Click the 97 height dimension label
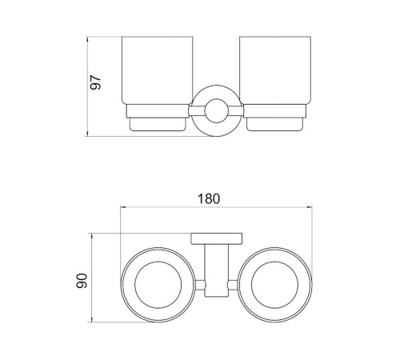[95, 82]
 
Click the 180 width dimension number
[209, 199]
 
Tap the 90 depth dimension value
[82, 281]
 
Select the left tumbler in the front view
[157, 70]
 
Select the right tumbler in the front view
[275, 70]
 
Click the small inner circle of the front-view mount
[216, 111]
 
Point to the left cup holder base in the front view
[158, 124]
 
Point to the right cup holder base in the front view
[275, 124]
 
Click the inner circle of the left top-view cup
[158, 285]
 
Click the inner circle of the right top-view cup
[274, 285]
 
